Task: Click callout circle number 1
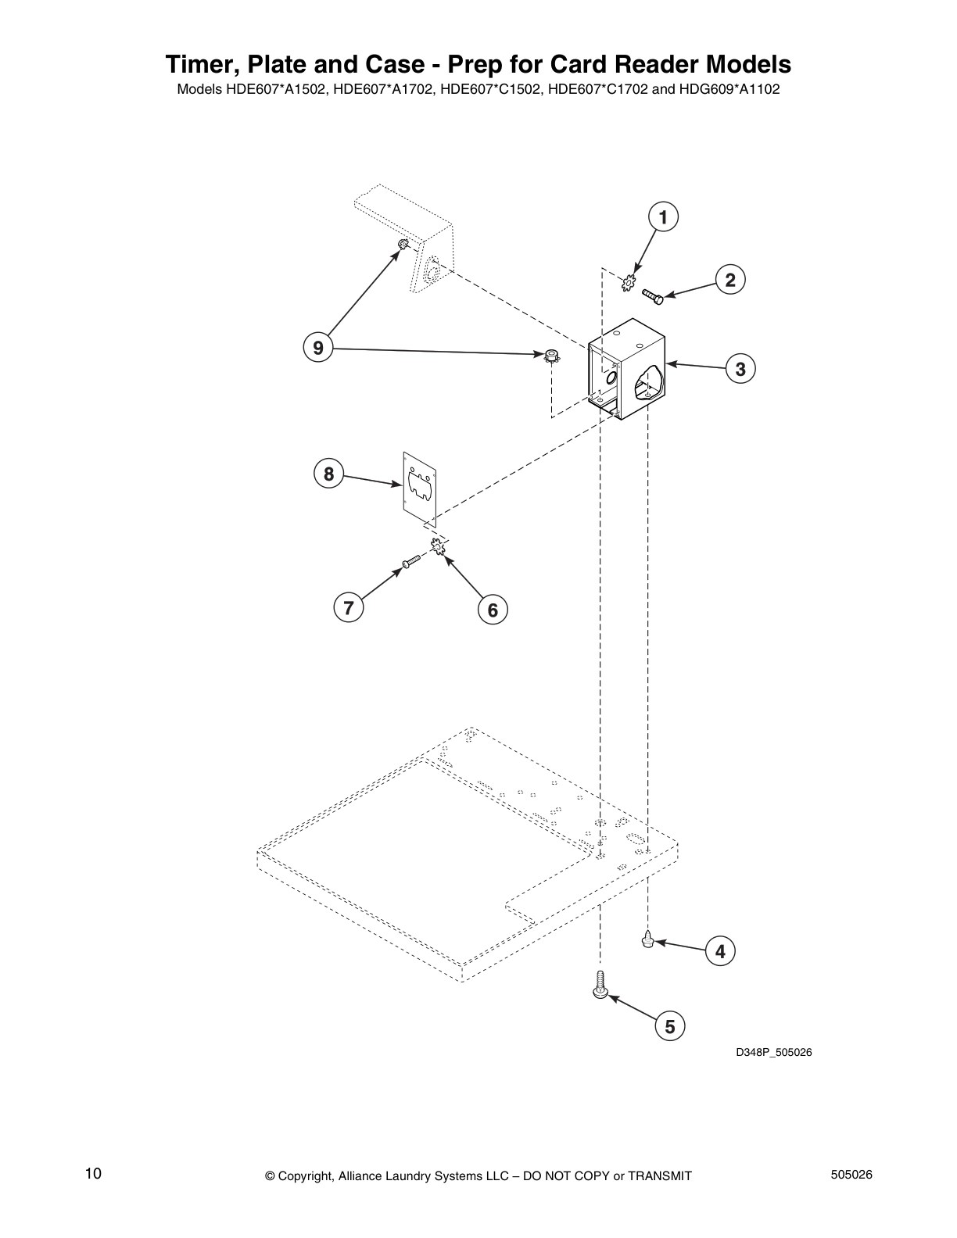click(x=662, y=217)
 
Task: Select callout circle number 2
click(x=729, y=280)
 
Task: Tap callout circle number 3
click(x=740, y=368)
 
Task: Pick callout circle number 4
click(x=719, y=951)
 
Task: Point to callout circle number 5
click(x=669, y=1025)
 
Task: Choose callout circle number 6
click(x=492, y=610)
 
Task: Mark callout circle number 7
click(x=348, y=607)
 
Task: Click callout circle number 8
click(x=328, y=474)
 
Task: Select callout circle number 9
click(x=317, y=347)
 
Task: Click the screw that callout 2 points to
click(x=652, y=295)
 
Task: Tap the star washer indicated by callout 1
click(x=628, y=284)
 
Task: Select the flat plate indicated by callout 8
click(x=419, y=485)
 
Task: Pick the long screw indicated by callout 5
click(x=599, y=984)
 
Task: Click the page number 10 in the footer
click(x=93, y=1174)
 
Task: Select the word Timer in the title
click(x=195, y=63)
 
